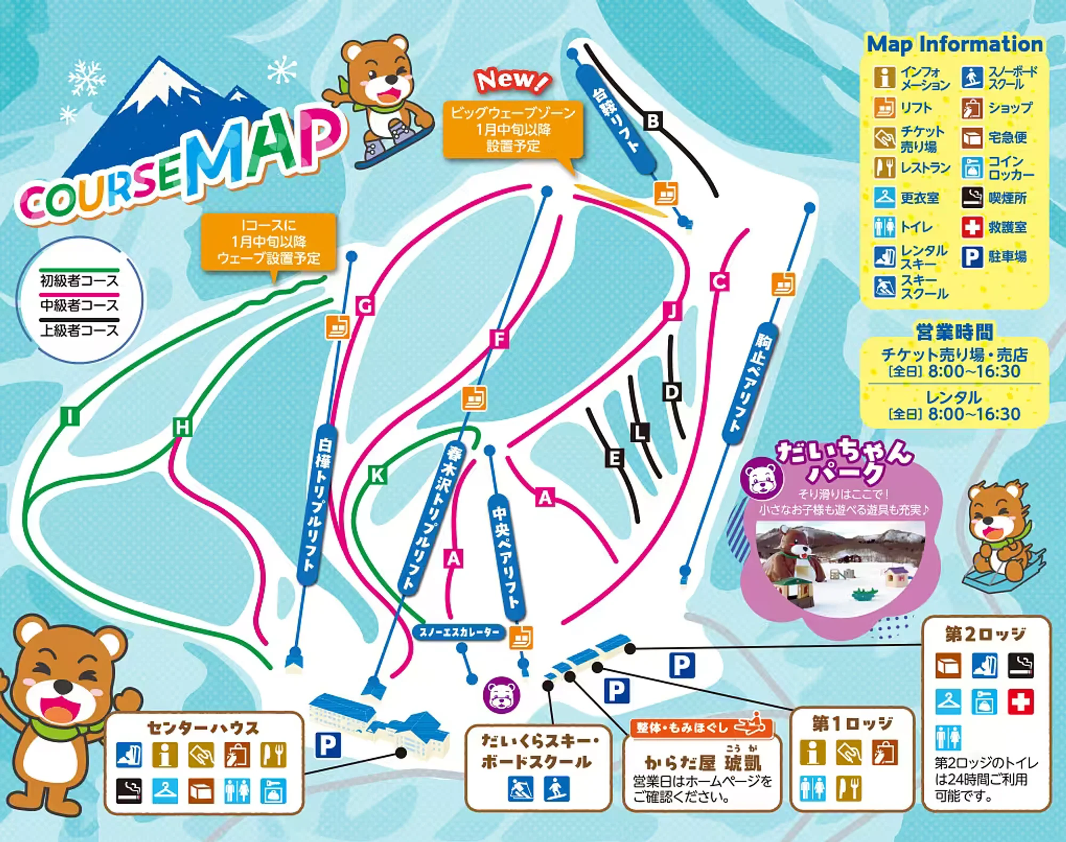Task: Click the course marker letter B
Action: pos(653,121)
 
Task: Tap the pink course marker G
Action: pos(365,306)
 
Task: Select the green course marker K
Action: pos(377,474)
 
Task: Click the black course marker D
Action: pos(672,392)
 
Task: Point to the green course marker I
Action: pos(70,416)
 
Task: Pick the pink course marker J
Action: pos(672,310)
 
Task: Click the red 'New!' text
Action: pos(512,80)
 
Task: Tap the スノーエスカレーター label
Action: pos(459,632)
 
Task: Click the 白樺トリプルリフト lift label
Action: pos(318,504)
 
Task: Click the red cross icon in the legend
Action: pos(972,227)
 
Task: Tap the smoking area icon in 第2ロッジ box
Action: pos(1020,666)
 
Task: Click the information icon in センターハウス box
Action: pos(165,755)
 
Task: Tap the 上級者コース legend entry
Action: pos(79,330)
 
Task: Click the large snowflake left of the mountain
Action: pos(86,78)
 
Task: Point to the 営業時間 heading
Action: pos(954,331)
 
